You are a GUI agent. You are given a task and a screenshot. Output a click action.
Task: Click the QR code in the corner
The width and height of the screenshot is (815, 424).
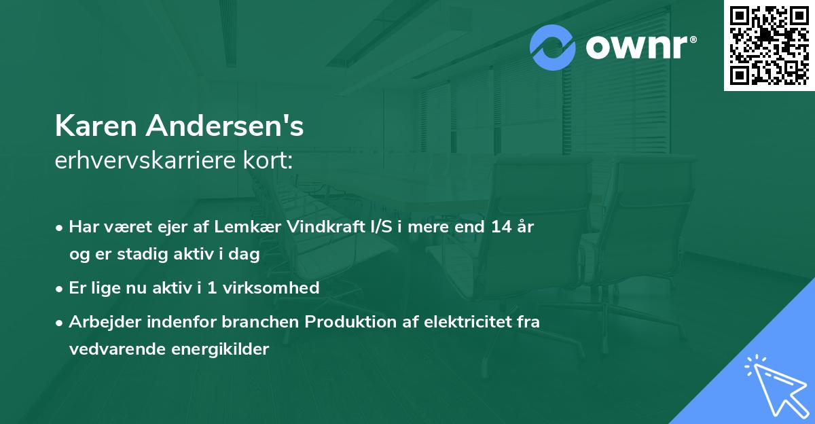tap(769, 45)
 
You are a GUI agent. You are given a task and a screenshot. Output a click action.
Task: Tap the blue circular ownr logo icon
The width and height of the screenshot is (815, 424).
tap(553, 47)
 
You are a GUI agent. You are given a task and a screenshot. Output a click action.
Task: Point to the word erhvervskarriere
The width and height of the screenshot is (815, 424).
tap(147, 161)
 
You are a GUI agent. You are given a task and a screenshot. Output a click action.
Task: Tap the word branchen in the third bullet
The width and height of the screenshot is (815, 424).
tap(267, 322)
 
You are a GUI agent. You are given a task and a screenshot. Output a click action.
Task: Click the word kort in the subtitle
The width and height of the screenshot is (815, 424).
tap(272, 161)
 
